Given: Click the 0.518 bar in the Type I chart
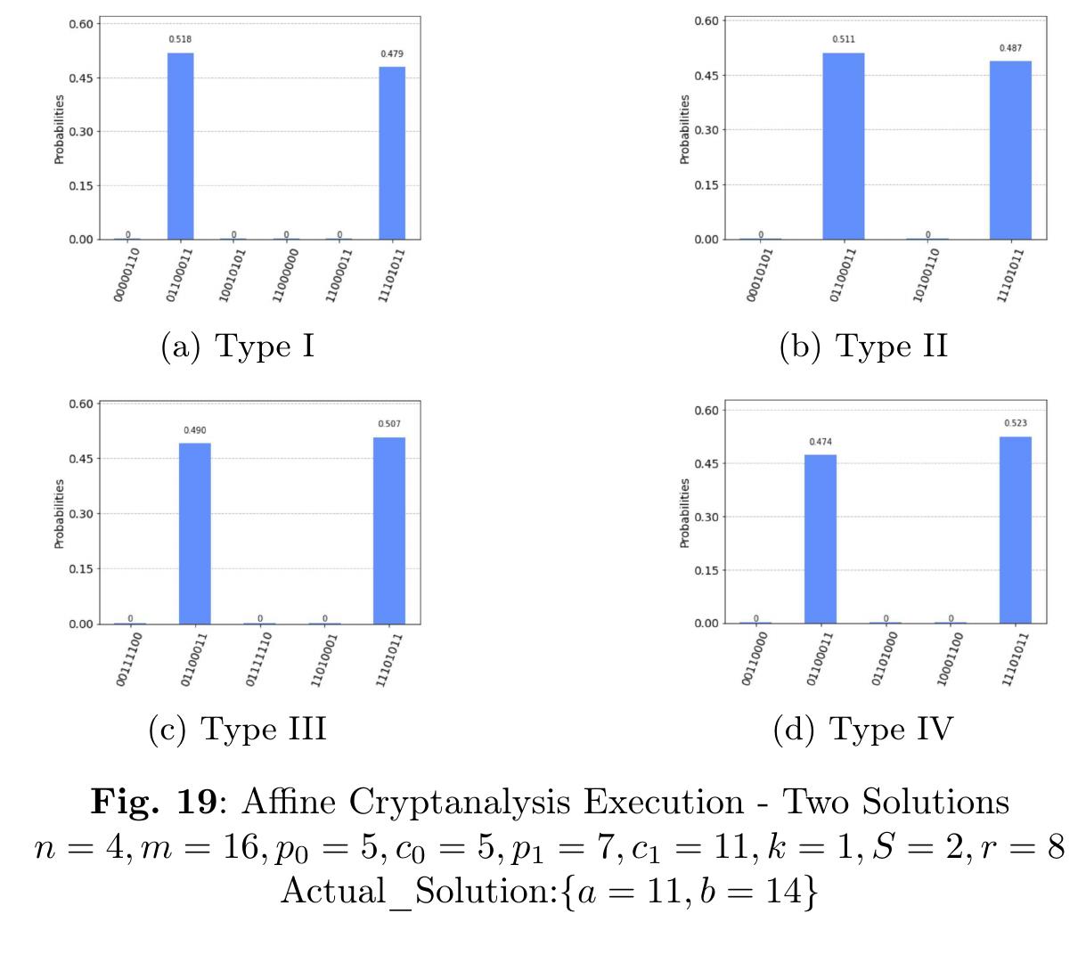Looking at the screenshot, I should click(180, 146).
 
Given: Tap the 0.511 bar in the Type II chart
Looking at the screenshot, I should click(843, 146).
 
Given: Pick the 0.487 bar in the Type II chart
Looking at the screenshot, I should click(1010, 151).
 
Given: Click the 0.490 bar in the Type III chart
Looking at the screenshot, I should click(195, 531).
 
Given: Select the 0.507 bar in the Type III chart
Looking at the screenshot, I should click(389, 530).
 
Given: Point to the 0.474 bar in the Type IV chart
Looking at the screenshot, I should click(821, 539).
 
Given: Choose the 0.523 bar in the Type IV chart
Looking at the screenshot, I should click(1016, 530).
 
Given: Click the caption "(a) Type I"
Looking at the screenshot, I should click(237, 346).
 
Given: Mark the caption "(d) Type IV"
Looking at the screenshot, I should click(863, 730).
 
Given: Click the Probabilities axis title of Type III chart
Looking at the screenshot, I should click(60, 513).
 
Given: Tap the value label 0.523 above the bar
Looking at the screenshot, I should click(1016, 423).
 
